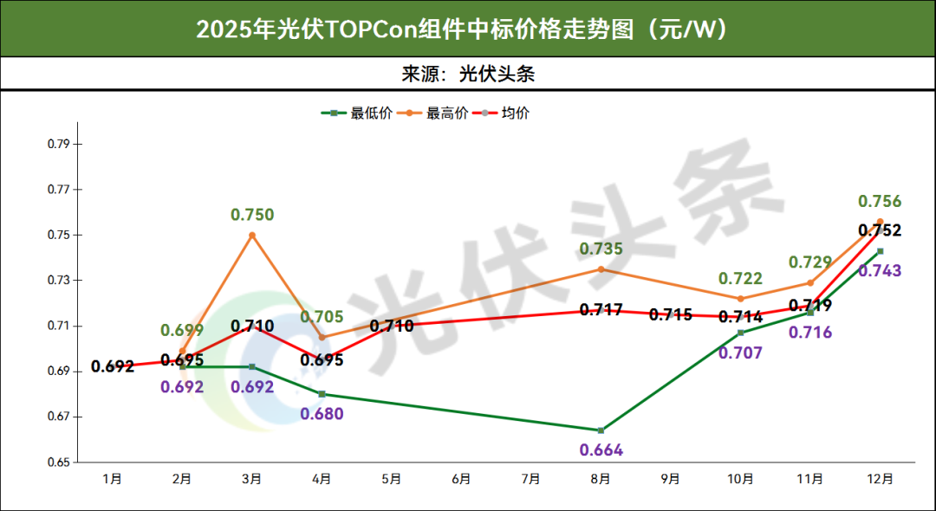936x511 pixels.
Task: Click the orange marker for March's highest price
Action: tap(252, 235)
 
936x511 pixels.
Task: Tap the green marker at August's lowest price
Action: tap(601, 430)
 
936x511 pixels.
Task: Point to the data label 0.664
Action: tap(601, 450)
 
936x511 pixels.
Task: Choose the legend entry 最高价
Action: tap(447, 113)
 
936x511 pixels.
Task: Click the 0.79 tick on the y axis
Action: tap(58, 144)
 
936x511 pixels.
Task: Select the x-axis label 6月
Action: tap(461, 478)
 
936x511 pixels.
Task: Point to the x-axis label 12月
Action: tap(880, 478)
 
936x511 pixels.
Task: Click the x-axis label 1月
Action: tap(112, 478)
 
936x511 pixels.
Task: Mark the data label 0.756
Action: tap(880, 202)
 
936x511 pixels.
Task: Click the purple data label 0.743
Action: tap(880, 271)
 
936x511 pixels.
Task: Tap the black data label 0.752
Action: tap(880, 230)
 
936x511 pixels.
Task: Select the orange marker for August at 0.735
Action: tap(601, 269)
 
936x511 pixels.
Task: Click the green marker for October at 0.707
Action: tap(740, 333)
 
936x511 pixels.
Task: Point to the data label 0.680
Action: tap(322, 414)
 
